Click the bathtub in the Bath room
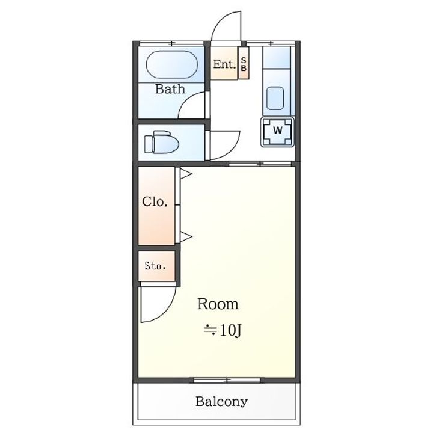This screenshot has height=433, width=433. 172,64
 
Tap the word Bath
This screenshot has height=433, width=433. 170,89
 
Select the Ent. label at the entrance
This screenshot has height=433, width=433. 224,64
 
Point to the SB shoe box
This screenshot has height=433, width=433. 244,64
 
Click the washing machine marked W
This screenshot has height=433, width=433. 277,132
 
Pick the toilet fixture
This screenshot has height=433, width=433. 161,142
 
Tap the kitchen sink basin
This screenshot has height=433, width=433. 275,98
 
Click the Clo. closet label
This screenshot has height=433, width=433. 155,202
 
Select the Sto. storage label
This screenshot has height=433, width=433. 155,266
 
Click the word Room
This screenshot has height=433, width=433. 218,304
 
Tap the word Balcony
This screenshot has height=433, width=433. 221,402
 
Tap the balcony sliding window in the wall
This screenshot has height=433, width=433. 227,381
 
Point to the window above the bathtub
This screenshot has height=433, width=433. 172,43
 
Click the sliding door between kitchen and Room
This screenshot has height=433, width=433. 260,164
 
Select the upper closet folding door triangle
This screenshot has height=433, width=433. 186,174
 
